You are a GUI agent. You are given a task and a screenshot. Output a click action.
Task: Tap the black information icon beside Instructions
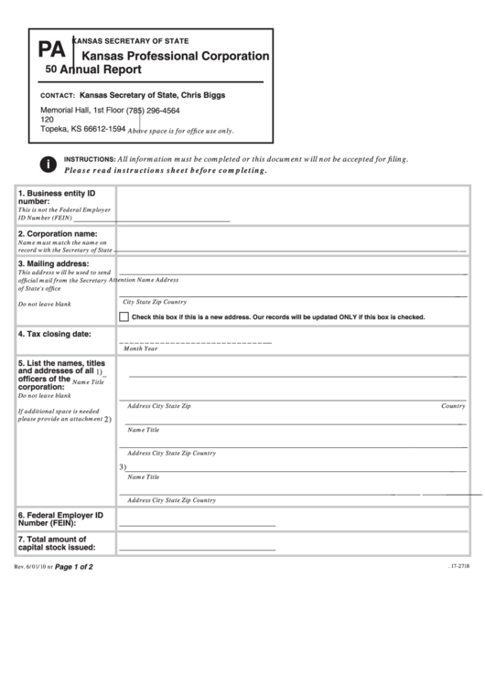click(x=46, y=165)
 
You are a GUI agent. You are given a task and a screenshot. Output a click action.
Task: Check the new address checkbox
click(x=124, y=316)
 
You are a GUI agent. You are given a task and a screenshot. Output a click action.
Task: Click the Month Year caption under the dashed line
click(x=141, y=348)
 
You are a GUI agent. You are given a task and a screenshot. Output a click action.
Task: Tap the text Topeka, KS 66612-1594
click(x=82, y=129)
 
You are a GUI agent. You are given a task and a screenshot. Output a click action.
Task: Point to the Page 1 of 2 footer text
click(x=74, y=567)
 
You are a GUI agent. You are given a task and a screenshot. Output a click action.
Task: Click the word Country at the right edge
click(x=454, y=405)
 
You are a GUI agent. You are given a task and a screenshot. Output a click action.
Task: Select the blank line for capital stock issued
click(x=197, y=549)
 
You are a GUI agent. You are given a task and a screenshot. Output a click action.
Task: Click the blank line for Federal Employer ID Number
click(x=197, y=525)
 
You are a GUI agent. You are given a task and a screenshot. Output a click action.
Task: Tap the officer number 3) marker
click(x=123, y=466)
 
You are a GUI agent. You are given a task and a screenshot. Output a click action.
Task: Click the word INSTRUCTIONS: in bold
click(x=89, y=159)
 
